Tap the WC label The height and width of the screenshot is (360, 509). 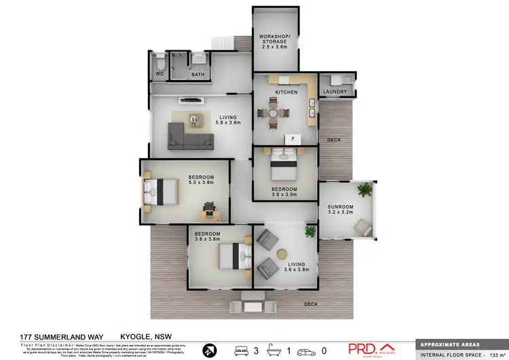(159, 74)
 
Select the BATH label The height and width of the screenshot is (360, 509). (197, 75)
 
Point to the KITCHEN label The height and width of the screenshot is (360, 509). (286, 92)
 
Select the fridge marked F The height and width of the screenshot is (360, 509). (293, 139)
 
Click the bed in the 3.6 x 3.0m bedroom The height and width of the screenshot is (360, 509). (284, 162)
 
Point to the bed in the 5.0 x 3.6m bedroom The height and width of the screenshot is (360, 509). (160, 189)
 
